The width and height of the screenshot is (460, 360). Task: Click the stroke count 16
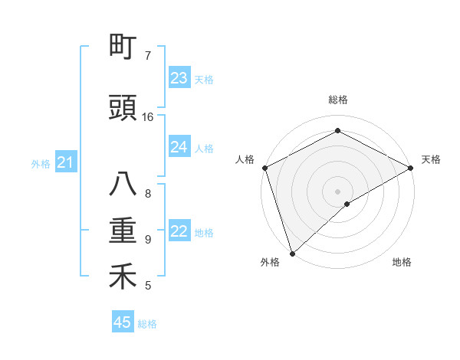point(148,117)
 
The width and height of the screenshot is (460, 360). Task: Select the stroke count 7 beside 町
point(148,55)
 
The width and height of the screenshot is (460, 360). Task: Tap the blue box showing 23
point(179,78)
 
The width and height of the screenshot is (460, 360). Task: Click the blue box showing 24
point(179,147)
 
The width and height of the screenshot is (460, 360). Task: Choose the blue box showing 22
point(179,232)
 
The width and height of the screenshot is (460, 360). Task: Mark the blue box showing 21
point(65,162)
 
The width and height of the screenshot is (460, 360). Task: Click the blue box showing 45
point(123,322)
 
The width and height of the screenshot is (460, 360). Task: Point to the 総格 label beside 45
point(147,324)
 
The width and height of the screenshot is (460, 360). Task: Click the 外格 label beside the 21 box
point(41,163)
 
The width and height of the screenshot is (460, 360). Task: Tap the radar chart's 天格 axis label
point(431,159)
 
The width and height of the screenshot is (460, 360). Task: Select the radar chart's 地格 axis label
point(402,262)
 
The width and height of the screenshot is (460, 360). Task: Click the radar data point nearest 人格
point(264,168)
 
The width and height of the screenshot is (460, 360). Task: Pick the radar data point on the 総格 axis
point(337,130)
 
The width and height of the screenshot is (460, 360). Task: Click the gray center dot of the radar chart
point(337,191)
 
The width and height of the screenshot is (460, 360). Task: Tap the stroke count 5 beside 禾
point(148,286)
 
